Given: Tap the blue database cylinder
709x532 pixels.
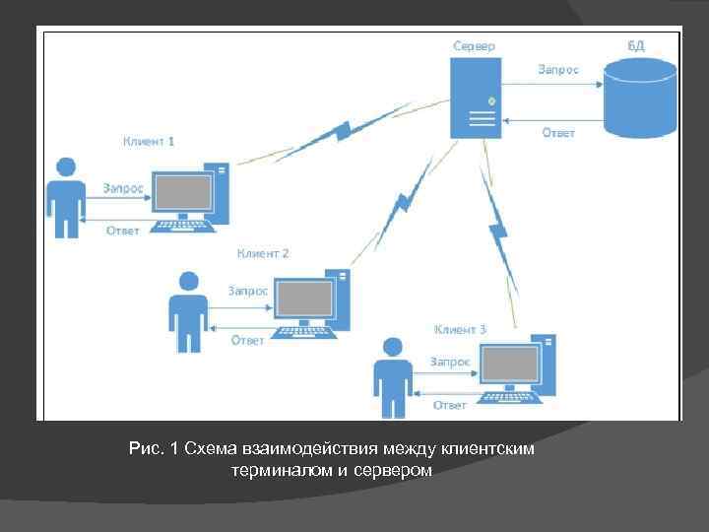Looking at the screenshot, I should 640,97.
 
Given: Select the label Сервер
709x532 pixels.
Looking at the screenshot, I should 474,45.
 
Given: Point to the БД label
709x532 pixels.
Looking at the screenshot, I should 638,45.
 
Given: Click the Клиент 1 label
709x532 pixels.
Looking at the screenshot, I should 149,141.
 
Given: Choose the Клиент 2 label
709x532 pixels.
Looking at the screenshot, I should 263,253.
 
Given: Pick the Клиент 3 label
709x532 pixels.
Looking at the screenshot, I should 460,329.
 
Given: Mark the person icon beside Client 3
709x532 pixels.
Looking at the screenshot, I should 392,377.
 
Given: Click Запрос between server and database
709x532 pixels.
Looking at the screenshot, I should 557,69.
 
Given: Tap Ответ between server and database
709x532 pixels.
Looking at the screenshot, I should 558,133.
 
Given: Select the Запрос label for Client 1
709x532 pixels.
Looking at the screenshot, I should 123,187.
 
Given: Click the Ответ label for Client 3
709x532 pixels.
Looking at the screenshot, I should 450,405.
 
